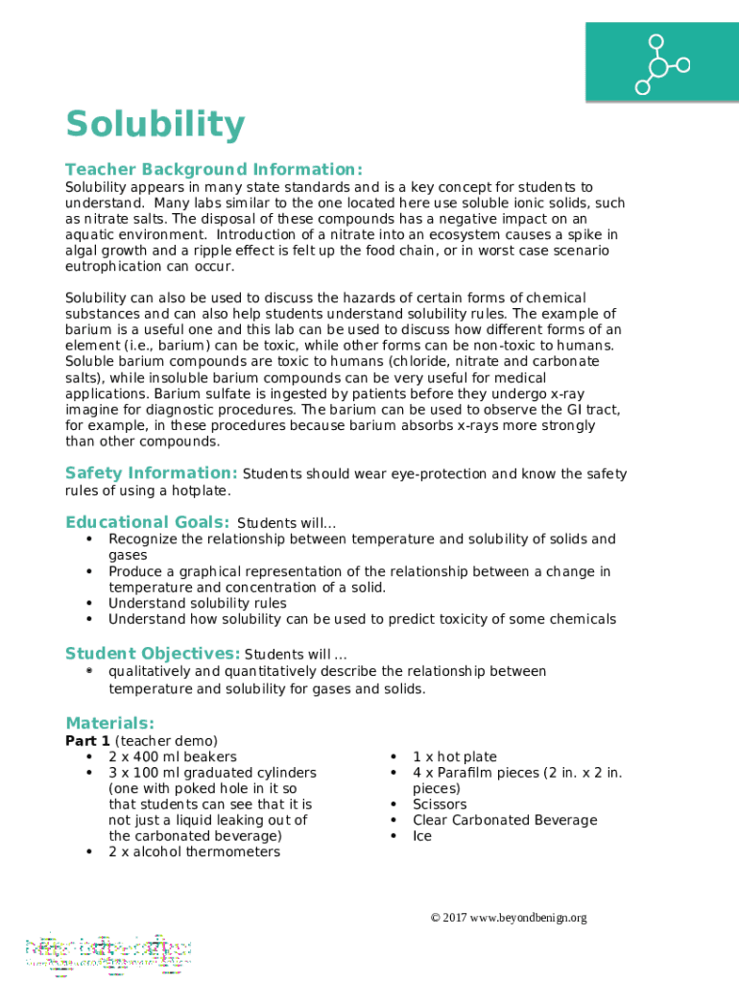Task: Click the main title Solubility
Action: [x=155, y=126]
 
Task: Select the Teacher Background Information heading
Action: [x=213, y=169]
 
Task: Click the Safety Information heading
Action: [x=151, y=473]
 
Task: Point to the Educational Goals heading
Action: [x=147, y=522]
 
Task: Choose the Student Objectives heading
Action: [x=153, y=654]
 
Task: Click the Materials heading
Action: [x=109, y=723]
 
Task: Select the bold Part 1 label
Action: [x=88, y=740]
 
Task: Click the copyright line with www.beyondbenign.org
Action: [x=508, y=918]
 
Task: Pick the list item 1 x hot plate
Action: [x=455, y=756]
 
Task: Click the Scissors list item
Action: [x=440, y=804]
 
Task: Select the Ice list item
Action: [x=422, y=836]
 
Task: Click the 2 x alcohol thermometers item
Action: [x=194, y=851]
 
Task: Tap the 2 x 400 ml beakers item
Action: [x=172, y=756]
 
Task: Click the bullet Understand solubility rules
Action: [x=197, y=603]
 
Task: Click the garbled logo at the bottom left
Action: [x=107, y=950]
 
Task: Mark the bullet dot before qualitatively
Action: [x=89, y=671]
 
